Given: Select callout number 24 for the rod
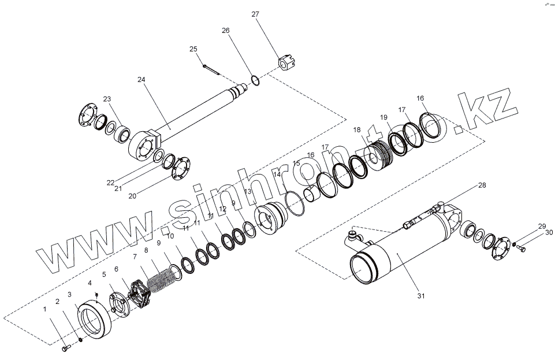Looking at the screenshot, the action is pos(141,79).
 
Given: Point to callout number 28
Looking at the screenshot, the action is pos(482,185).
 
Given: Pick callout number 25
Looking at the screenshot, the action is pos(193,49).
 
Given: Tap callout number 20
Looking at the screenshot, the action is pos(132,196).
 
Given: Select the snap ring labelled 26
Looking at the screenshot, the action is pos(255,79).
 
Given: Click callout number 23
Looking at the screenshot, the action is pos(107,99).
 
